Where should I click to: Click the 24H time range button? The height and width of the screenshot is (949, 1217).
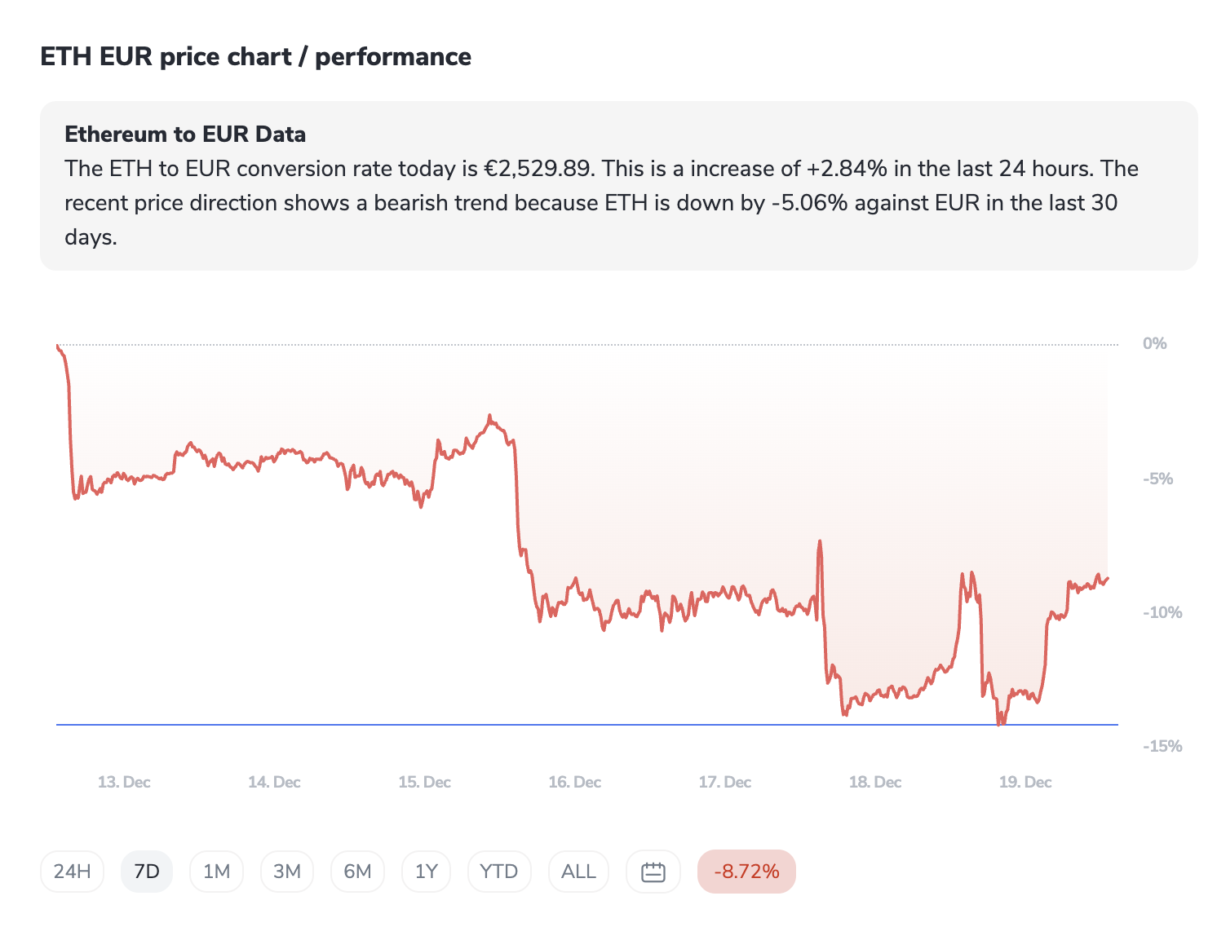tap(72, 872)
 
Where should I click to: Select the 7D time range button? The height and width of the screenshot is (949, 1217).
tap(147, 872)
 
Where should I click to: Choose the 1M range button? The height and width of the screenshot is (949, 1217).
tap(216, 872)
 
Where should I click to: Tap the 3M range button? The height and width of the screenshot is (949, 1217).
tap(287, 872)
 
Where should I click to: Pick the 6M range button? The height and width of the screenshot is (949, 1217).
tap(357, 872)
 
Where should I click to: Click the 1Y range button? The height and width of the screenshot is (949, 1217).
tap(427, 872)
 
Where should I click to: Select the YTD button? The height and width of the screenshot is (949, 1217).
tap(499, 872)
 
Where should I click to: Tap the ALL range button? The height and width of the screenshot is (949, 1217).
tap(578, 872)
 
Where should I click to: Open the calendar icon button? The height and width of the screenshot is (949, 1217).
tap(653, 872)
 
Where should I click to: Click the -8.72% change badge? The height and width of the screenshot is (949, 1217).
tap(746, 872)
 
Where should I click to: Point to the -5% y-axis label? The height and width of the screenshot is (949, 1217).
tap(1157, 479)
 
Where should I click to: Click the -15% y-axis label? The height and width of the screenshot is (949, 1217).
tap(1162, 746)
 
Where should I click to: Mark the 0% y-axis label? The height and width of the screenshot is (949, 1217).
tap(1154, 343)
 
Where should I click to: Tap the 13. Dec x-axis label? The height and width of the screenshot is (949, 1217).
tap(124, 782)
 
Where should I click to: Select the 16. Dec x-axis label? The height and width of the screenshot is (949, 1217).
tap(574, 782)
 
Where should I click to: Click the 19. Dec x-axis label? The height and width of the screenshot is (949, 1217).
tap(1025, 782)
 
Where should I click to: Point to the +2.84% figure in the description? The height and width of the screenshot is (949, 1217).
tap(847, 169)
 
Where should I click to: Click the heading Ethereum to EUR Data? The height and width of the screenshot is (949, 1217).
tap(185, 135)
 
